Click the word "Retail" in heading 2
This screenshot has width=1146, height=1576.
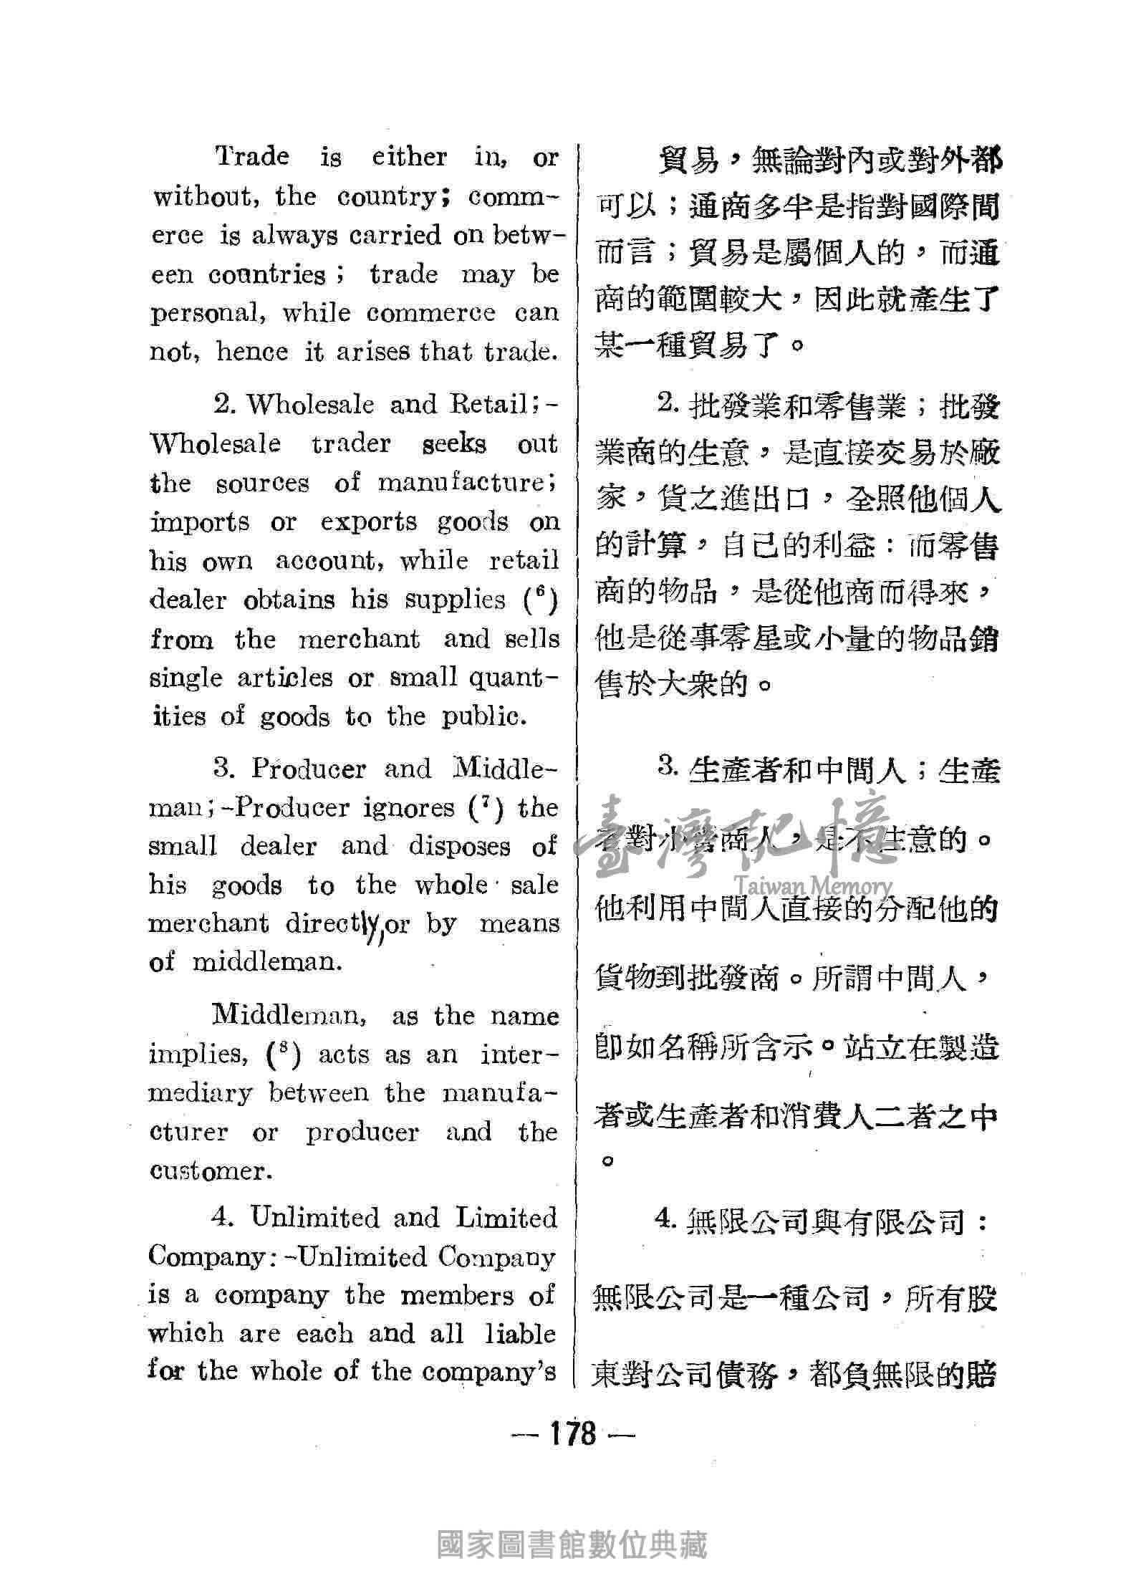click(x=493, y=405)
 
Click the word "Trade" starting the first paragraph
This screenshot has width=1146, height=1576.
click(x=253, y=157)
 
